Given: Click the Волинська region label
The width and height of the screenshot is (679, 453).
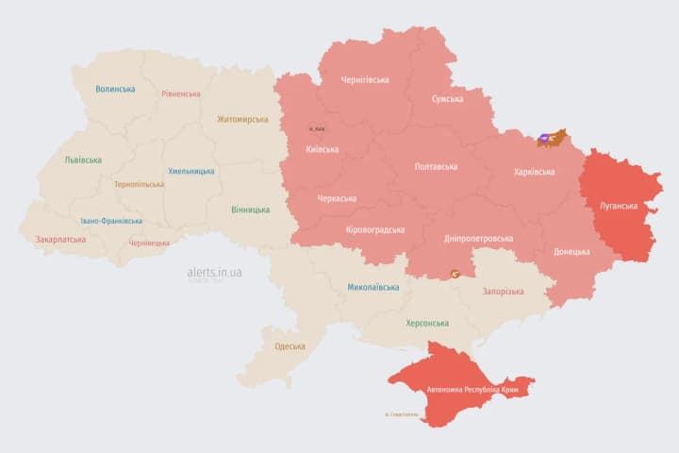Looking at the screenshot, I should [x=115, y=90].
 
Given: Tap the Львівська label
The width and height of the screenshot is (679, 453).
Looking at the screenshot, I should [x=83, y=160].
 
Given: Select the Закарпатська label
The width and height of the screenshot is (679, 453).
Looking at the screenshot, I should [x=60, y=240].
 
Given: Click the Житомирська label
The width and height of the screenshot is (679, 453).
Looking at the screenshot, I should [x=242, y=120].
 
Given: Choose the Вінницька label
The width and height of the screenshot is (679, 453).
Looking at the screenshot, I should [x=250, y=210].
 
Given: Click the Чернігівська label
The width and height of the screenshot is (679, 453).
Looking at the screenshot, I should [x=364, y=80].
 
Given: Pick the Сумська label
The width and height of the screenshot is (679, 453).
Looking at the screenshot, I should [x=447, y=99].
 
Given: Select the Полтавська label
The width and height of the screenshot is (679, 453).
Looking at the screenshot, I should [x=436, y=167].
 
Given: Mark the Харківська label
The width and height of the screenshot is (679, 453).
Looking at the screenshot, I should [x=535, y=172].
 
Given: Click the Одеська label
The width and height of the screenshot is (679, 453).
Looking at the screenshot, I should [x=290, y=346].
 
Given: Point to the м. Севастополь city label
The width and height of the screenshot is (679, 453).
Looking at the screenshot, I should [x=401, y=414].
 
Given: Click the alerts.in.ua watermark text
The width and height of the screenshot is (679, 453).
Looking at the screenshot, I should [x=214, y=272].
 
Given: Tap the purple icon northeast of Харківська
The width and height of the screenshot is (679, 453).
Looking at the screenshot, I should [x=545, y=139].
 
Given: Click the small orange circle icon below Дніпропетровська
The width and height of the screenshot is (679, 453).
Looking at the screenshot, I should [x=454, y=274].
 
